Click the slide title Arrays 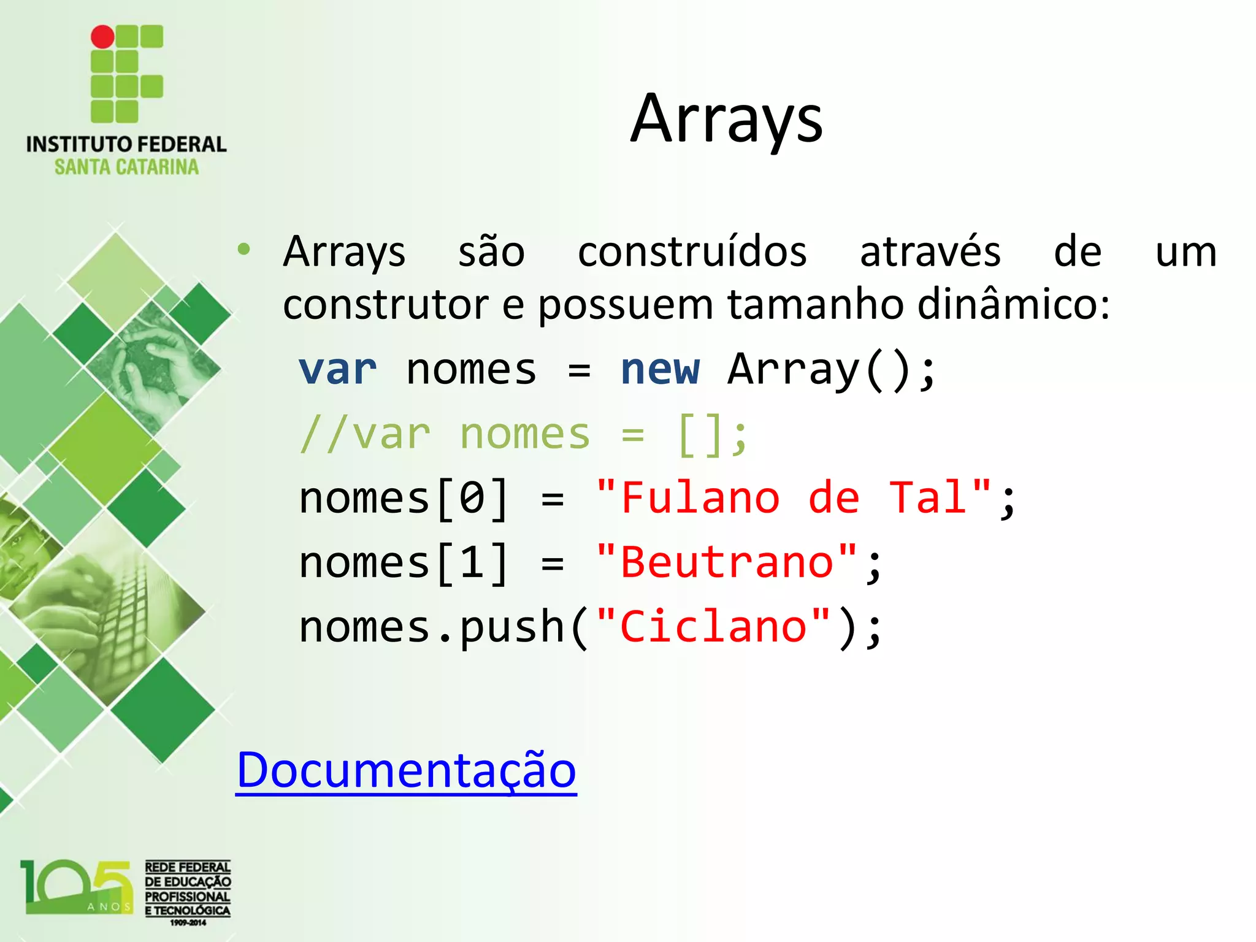click(x=727, y=120)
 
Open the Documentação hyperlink click(x=406, y=770)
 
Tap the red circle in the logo click(x=102, y=37)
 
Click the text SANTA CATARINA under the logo click(x=126, y=167)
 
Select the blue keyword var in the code click(x=337, y=370)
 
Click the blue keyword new click(x=660, y=370)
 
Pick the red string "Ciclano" click(x=713, y=627)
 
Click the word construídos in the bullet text click(x=692, y=252)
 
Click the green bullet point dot click(x=244, y=249)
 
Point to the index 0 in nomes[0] click(x=472, y=498)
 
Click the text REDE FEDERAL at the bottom click(x=188, y=867)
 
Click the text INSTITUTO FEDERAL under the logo click(x=126, y=144)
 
